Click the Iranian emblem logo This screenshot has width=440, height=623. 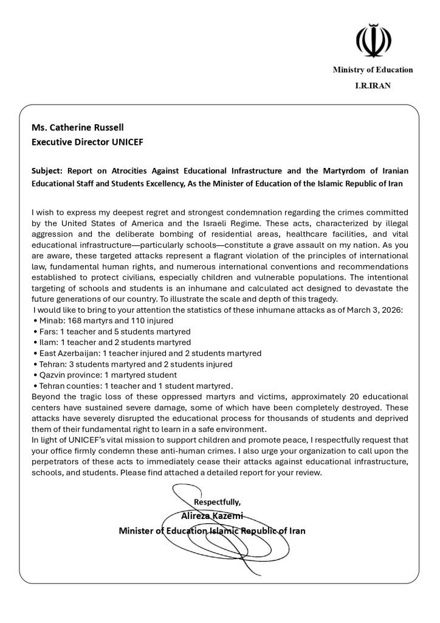[x=373, y=40]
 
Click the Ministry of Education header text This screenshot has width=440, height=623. [x=373, y=70]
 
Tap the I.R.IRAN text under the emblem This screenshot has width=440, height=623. [x=373, y=86]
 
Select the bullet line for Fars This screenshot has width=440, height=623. [x=112, y=332]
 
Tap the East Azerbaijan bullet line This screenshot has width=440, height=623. [x=148, y=353]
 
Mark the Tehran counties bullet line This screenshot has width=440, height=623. [x=132, y=386]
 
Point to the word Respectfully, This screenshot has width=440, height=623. [x=217, y=502]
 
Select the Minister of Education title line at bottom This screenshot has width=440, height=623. [x=212, y=531]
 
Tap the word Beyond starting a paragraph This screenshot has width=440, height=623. [x=46, y=397]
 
